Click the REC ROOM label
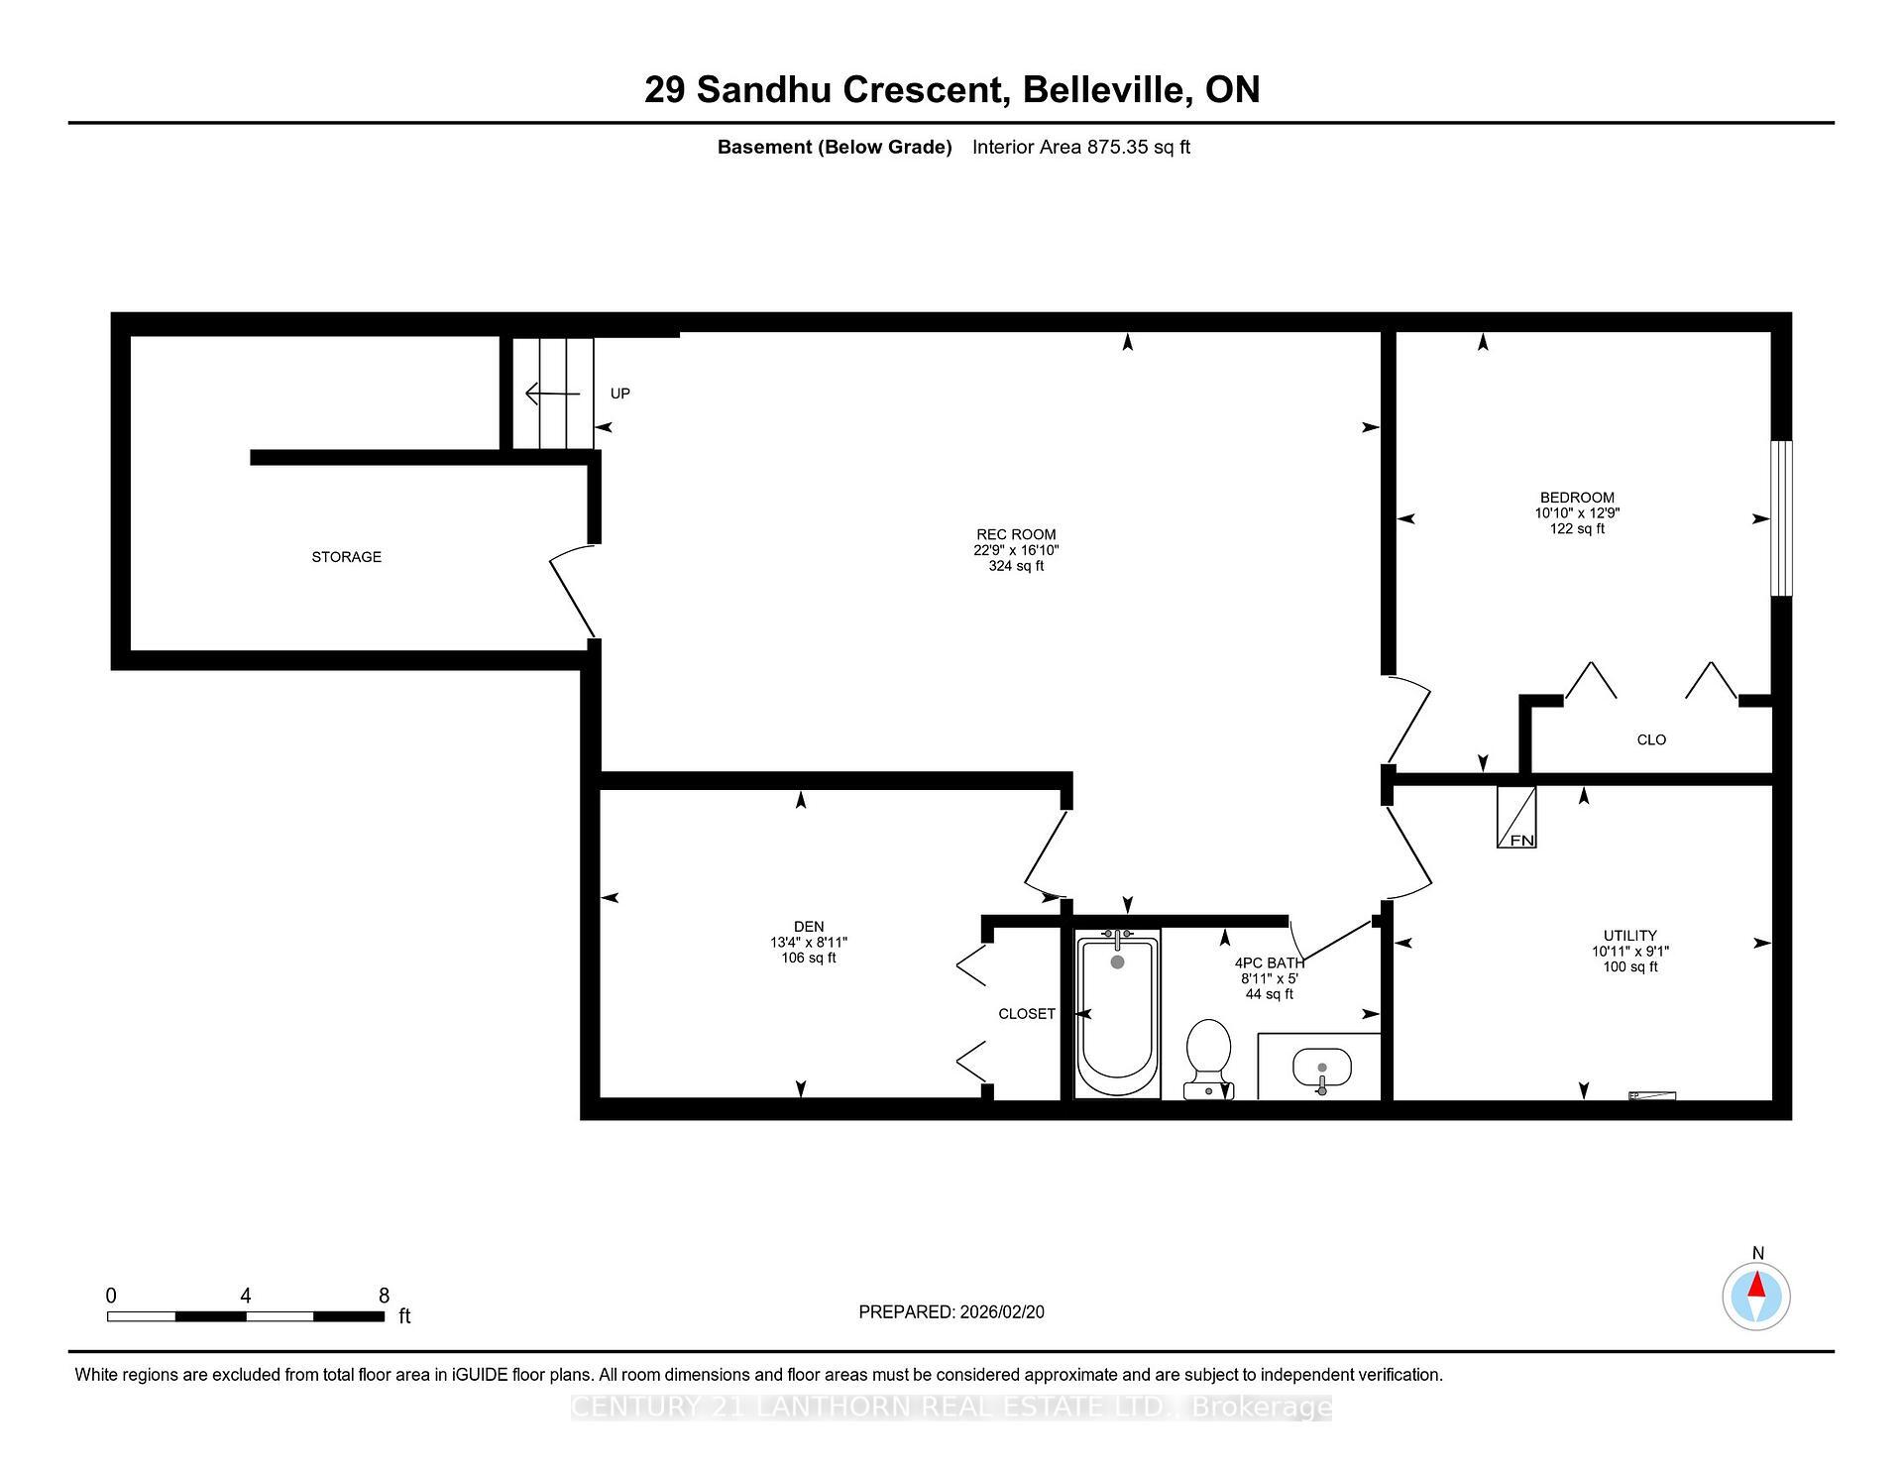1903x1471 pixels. [x=1016, y=534]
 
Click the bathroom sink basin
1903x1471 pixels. [x=1321, y=1069]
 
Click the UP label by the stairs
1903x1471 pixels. [x=619, y=394]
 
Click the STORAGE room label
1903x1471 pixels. [x=346, y=557]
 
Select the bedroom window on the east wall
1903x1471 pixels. [x=1781, y=518]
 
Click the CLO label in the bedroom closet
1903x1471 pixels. [x=1651, y=739]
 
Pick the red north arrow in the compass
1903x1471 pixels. [x=1756, y=1287]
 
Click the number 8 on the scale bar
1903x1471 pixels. [x=384, y=1296]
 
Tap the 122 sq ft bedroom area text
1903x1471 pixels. [x=1577, y=529]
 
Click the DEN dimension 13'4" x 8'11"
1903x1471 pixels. [x=809, y=943]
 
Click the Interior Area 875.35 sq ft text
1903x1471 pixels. [x=1080, y=148]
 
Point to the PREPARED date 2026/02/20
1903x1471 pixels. [x=1001, y=1311]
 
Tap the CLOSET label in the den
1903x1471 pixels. [x=1026, y=1014]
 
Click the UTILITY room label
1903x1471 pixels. [x=1629, y=936]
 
